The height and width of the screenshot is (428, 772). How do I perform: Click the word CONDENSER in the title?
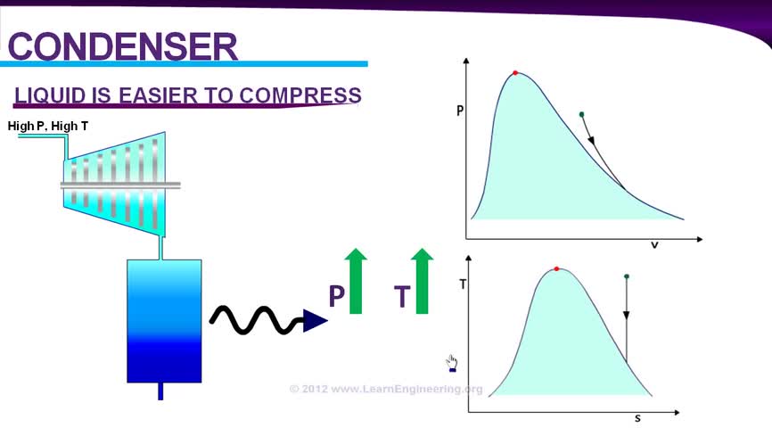(x=123, y=46)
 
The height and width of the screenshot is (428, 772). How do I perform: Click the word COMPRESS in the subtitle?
(x=300, y=95)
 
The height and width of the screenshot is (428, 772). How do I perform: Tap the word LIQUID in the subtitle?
(x=51, y=95)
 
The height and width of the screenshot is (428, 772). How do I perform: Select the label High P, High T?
(x=48, y=126)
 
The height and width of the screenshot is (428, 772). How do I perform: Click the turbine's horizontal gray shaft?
(x=120, y=185)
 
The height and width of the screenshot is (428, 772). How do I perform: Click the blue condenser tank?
(x=164, y=321)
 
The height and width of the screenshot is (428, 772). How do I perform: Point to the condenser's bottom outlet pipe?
(x=160, y=391)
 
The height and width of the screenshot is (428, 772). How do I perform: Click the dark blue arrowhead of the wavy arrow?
(x=315, y=321)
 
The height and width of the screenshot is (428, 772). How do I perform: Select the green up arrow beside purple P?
(x=356, y=281)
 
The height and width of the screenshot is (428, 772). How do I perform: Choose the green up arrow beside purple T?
(x=422, y=281)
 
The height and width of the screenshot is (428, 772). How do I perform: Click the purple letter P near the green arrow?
(x=337, y=295)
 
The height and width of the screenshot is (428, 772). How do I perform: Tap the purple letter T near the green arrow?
(x=402, y=296)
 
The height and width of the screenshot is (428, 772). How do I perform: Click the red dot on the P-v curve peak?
(x=515, y=73)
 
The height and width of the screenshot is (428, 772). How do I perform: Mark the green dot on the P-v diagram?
(x=581, y=114)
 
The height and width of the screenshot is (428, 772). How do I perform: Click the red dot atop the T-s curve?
(x=556, y=269)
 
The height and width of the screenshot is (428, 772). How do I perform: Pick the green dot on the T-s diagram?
(x=627, y=276)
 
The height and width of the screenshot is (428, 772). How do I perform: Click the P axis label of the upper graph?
(x=460, y=111)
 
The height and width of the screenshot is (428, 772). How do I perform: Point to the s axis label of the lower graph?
(x=637, y=419)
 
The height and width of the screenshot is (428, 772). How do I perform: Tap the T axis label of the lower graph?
(x=463, y=284)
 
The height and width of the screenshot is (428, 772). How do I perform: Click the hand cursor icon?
(x=451, y=364)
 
